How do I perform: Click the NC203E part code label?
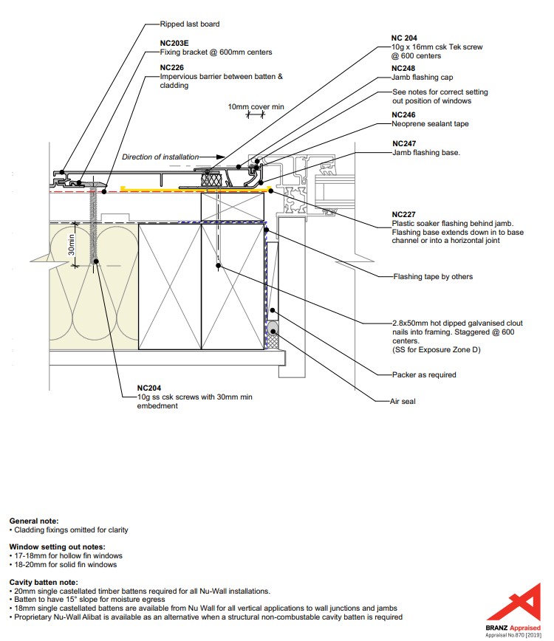tap(174, 43)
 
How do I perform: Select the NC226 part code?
tap(173, 67)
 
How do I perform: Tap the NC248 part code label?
tap(404, 68)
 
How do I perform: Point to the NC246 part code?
tap(404, 114)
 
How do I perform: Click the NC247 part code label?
tap(404, 143)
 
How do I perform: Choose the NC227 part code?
tap(404, 214)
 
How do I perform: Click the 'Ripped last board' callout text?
tap(190, 24)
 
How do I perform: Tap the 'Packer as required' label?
tap(424, 374)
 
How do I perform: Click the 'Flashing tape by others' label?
tap(432, 277)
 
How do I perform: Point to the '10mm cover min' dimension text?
tap(256, 107)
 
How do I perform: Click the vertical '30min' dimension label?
tap(72, 244)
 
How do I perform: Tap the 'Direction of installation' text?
tap(160, 157)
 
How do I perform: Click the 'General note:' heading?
tap(34, 521)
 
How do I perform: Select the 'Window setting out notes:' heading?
tap(54, 546)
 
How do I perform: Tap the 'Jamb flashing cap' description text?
tap(423, 77)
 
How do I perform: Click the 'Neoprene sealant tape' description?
tap(430, 123)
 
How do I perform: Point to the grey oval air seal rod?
tap(273, 329)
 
